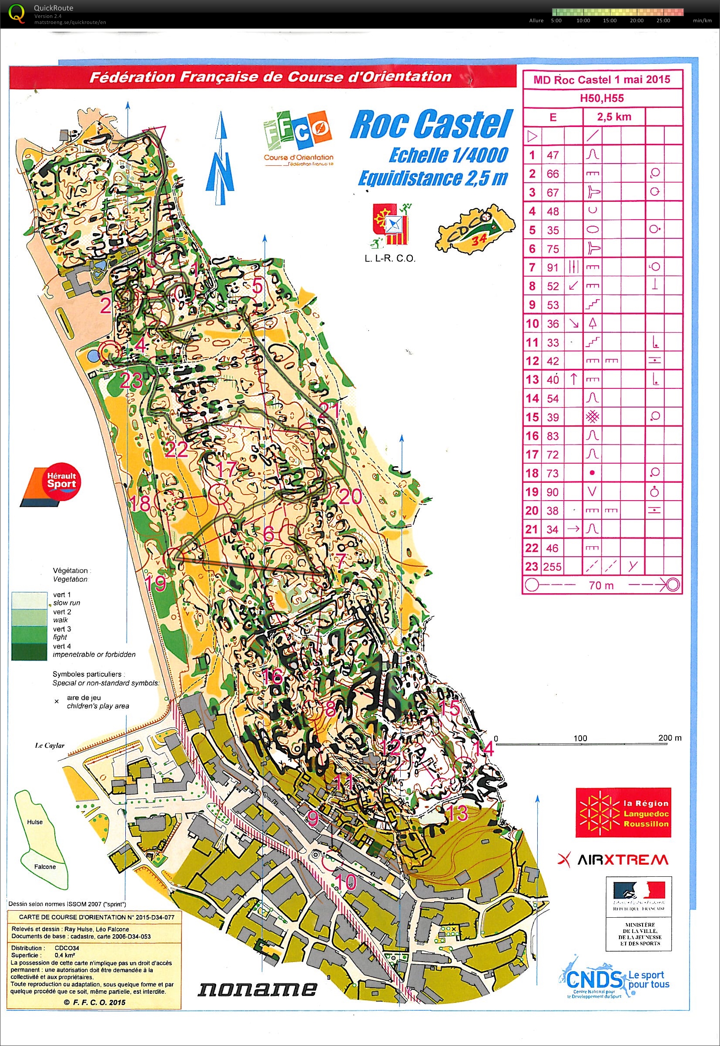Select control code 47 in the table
[x=553, y=155]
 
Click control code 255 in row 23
[x=553, y=567]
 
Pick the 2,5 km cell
[x=614, y=117]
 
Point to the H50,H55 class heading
[x=602, y=98]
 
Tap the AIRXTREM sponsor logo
[x=613, y=860]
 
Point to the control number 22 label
[x=176, y=449]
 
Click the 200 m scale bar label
[x=670, y=738]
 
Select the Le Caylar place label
[x=50, y=745]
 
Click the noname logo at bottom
[x=257, y=989]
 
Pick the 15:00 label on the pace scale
[x=609, y=20]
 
